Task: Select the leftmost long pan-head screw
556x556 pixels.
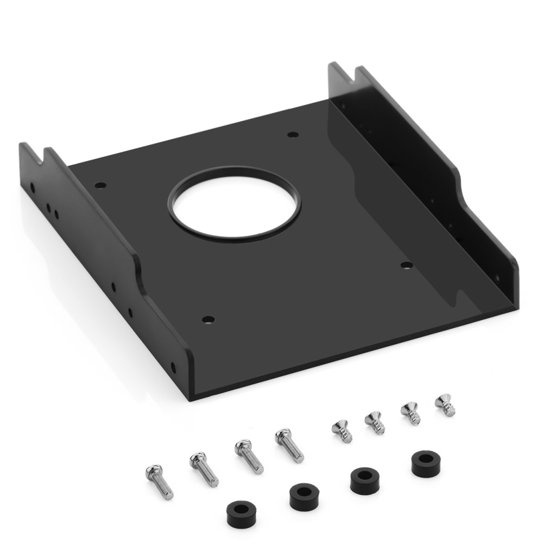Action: coord(159,481)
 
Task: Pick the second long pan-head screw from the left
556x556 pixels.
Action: coord(204,469)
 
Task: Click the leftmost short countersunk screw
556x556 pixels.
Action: coord(342,430)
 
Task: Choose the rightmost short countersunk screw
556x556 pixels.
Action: coord(445,405)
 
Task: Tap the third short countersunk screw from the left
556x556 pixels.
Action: coord(410,413)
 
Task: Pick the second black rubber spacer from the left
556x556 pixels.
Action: coord(304,496)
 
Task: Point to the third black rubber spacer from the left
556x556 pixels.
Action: coord(364,480)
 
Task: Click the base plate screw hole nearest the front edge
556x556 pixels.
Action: coord(207,319)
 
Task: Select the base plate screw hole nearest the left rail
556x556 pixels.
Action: coord(99,185)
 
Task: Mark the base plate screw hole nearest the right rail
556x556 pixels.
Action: coord(406,265)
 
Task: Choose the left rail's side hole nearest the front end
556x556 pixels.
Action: coord(173,368)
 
